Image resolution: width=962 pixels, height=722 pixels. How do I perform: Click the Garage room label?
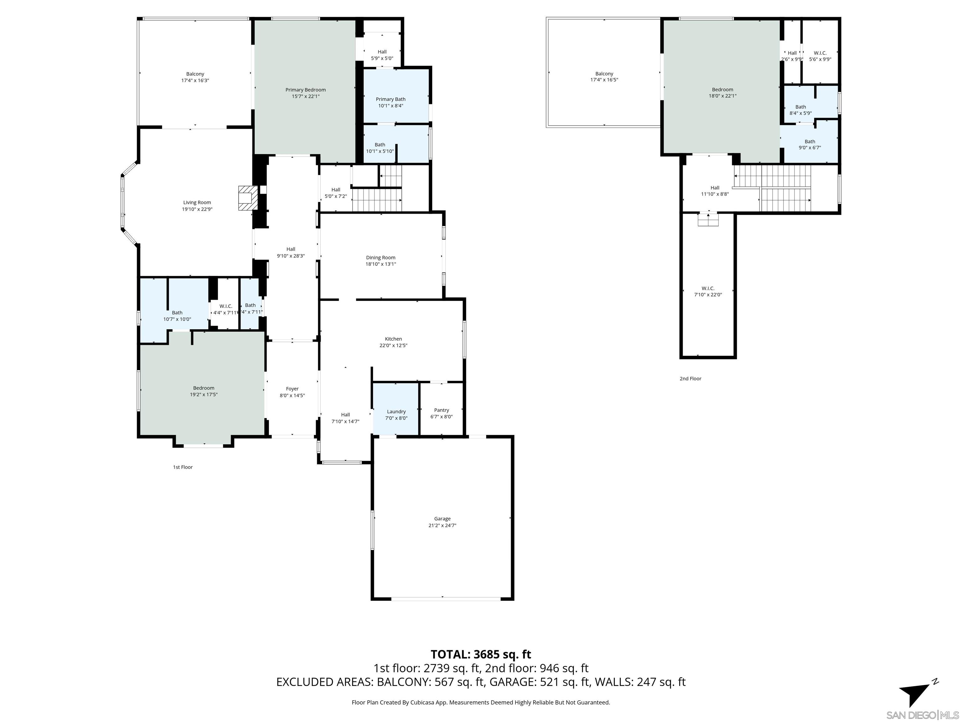tap(442, 518)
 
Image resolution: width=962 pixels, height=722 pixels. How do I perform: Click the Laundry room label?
tap(396, 411)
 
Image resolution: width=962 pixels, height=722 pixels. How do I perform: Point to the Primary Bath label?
tap(390, 99)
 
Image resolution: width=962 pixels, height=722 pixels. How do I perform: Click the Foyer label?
tap(292, 389)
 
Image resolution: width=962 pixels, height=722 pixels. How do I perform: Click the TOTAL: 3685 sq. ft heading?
tap(481, 654)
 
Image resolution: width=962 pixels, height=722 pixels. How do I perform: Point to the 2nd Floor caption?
tap(690, 379)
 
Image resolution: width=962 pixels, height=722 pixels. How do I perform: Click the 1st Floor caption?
tap(183, 467)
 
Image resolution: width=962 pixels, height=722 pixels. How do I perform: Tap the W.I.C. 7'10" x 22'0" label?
tap(708, 291)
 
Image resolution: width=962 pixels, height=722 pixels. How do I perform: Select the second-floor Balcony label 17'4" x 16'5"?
tap(604, 76)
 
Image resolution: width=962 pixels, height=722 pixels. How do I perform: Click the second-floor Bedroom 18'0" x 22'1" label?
tap(722, 93)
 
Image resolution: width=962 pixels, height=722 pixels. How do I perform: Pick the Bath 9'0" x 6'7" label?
tap(809, 144)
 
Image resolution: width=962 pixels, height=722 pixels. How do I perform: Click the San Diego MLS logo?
tap(922, 715)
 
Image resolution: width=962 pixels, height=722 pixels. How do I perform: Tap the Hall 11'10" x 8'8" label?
tap(715, 191)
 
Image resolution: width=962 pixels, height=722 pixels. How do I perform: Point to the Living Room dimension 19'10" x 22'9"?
tap(197, 209)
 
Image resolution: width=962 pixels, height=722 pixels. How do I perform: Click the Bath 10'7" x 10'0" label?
tap(177, 316)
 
